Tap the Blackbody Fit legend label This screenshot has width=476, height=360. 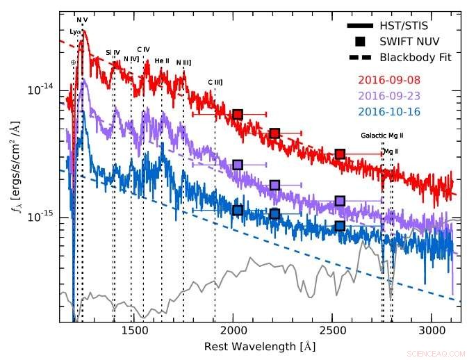click(x=416, y=57)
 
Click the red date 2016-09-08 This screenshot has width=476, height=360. click(x=390, y=81)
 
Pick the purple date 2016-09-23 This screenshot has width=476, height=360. click(x=390, y=96)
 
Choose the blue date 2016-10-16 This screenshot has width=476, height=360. click(x=390, y=111)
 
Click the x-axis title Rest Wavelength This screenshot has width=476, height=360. click(x=258, y=345)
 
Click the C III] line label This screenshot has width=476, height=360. click(x=215, y=82)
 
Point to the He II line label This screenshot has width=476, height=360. click(x=162, y=61)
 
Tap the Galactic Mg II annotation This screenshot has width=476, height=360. click(x=383, y=136)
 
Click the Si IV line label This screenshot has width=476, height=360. click(x=113, y=52)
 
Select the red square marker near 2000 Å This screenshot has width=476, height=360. click(x=238, y=114)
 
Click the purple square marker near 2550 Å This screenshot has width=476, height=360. click(x=340, y=201)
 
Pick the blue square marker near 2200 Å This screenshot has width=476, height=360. click(x=274, y=214)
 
